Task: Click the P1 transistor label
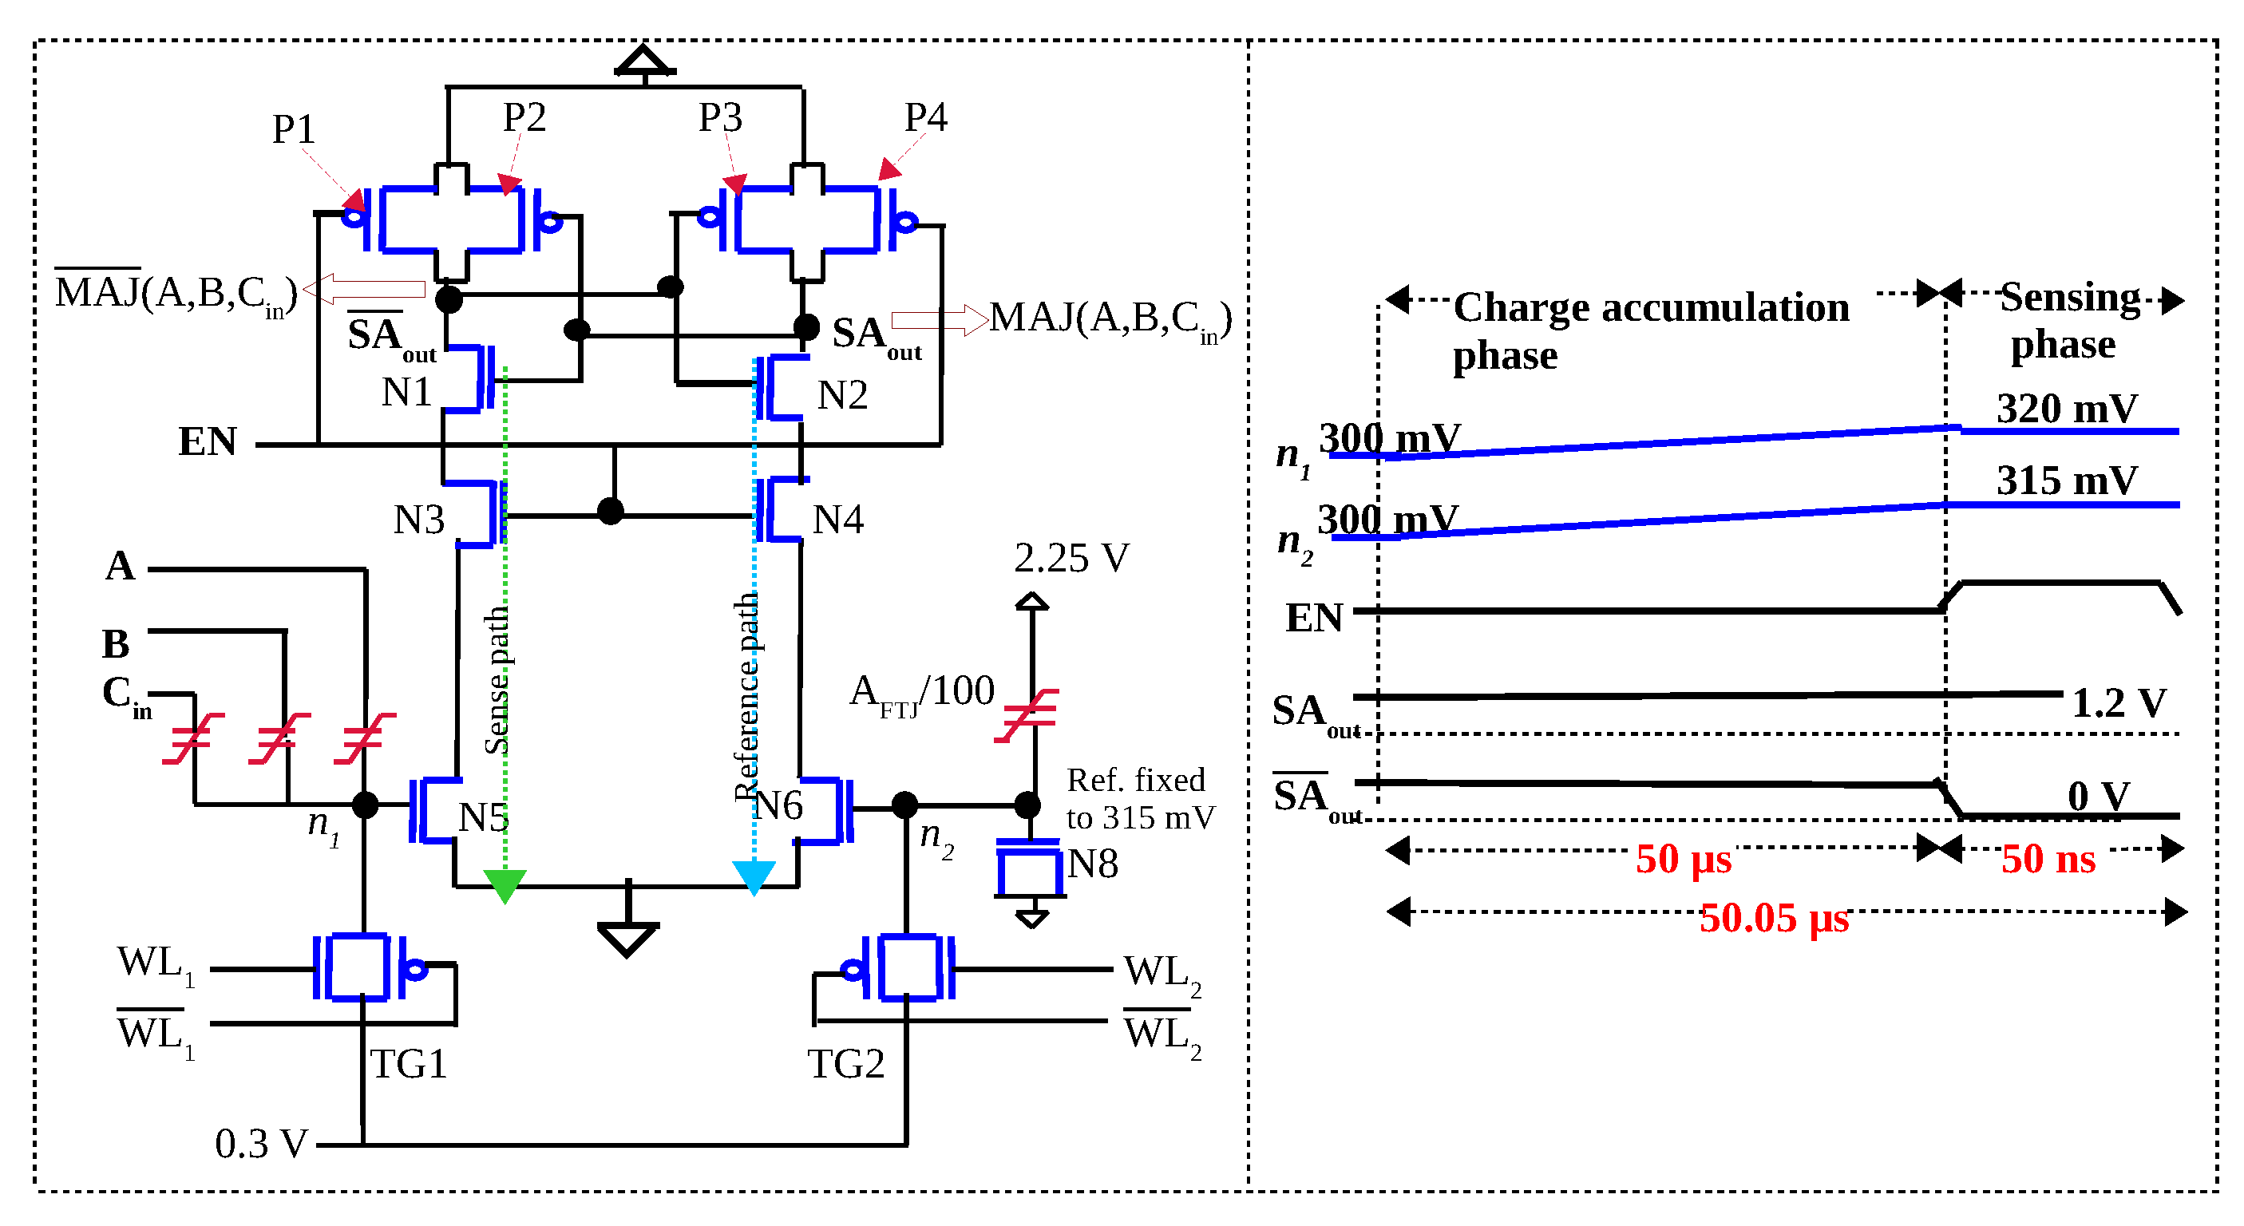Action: pyautogui.click(x=293, y=130)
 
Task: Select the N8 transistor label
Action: pyautogui.click(x=1092, y=864)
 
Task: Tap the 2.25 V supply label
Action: pyautogui.click(x=1071, y=558)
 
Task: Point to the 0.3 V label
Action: pyautogui.click(x=260, y=1143)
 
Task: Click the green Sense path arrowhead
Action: pyautogui.click(x=505, y=884)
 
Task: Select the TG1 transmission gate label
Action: pyautogui.click(x=408, y=1063)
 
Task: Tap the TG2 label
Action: pyautogui.click(x=845, y=1063)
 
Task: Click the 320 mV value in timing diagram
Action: pyautogui.click(x=2066, y=409)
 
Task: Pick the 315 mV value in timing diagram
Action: pyautogui.click(x=2066, y=480)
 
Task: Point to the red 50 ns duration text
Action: pyautogui.click(x=2047, y=859)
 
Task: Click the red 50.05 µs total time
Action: pyautogui.click(x=1773, y=918)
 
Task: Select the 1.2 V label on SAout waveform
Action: pyautogui.click(x=2118, y=702)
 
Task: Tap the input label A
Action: pyautogui.click(x=121, y=566)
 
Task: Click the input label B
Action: pyautogui.click(x=116, y=644)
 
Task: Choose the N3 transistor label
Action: pyautogui.click(x=418, y=520)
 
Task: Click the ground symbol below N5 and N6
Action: pyautogui.click(x=627, y=936)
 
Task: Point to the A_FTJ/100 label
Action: pyautogui.click(x=922, y=692)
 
